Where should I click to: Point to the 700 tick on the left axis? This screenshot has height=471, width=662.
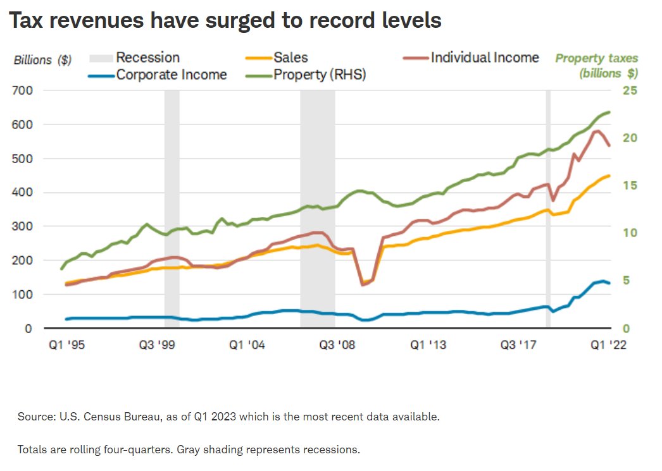(x=23, y=91)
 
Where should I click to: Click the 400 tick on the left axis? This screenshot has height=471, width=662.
(x=23, y=193)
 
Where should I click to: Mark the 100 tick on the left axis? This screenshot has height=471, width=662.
(x=23, y=295)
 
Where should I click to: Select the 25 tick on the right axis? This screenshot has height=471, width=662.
(x=630, y=91)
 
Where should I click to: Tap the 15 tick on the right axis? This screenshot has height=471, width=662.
(x=630, y=186)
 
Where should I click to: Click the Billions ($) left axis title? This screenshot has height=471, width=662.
(x=42, y=61)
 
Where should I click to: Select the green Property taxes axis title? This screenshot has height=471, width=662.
(x=597, y=66)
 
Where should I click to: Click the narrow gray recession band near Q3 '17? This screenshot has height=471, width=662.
(x=549, y=209)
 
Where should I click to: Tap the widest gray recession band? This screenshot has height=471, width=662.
(x=318, y=209)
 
